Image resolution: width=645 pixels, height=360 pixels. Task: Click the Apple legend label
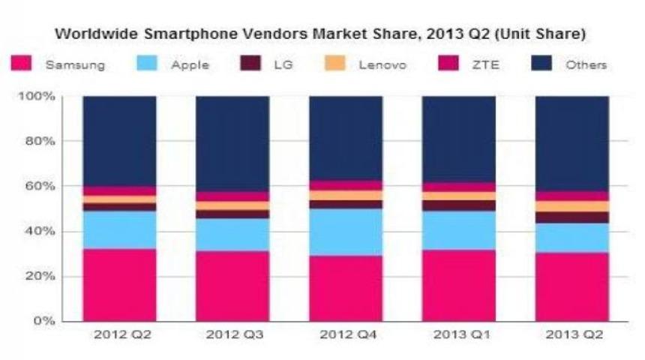pyautogui.click(x=190, y=65)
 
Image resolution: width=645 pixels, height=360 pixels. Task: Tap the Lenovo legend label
pyautogui.click(x=383, y=65)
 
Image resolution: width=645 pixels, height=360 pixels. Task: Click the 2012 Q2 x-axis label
pyautogui.click(x=119, y=334)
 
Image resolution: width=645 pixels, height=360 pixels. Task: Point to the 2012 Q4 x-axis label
pyautogui.click(x=346, y=334)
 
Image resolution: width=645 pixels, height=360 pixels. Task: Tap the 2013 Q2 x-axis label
pyautogui.click(x=572, y=334)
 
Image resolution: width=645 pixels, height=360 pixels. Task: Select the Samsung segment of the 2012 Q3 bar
pyautogui.click(x=232, y=286)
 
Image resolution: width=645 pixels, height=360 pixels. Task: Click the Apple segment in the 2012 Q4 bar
pyautogui.click(x=346, y=232)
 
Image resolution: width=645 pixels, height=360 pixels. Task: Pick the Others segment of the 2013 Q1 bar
pyautogui.click(x=459, y=139)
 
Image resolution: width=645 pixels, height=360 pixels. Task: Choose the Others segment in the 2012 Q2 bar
pyautogui.click(x=119, y=141)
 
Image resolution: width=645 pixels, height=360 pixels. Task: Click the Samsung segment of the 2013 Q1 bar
pyautogui.click(x=459, y=285)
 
